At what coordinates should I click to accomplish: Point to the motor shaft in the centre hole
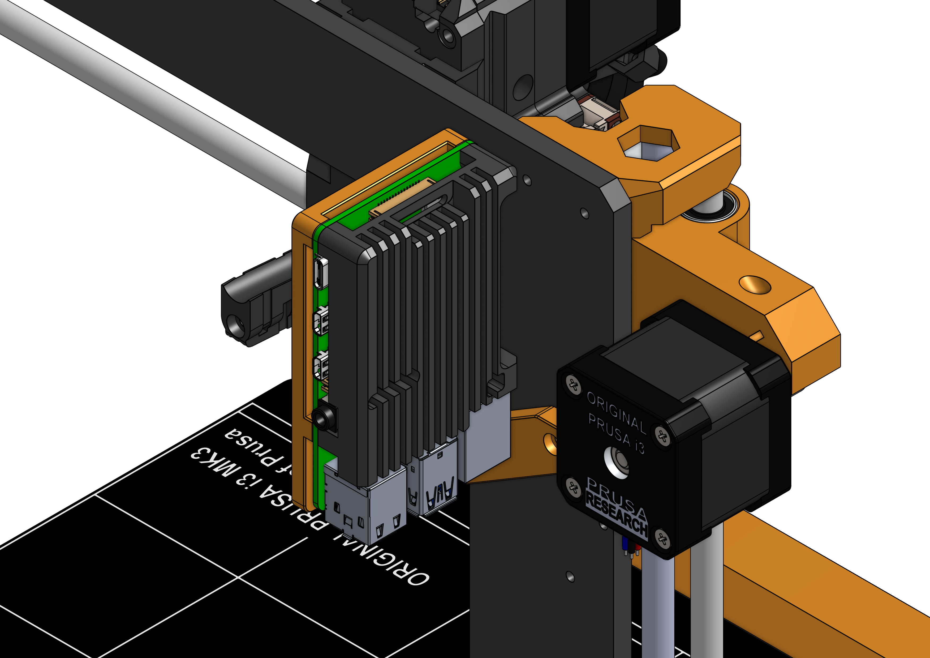point(617,462)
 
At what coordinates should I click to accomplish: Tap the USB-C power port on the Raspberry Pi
point(320,272)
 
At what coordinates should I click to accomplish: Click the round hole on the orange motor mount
point(754,284)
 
